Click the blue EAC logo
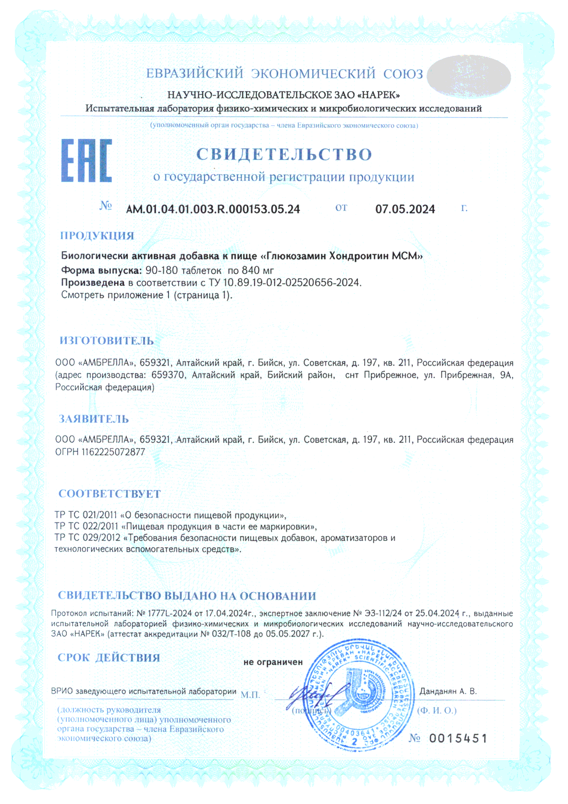86,161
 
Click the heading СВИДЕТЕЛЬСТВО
284,154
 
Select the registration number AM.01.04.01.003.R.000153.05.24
213,209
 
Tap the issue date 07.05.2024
405,209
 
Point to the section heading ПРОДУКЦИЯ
97,236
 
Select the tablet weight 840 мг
258,270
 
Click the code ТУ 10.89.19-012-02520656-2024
284,283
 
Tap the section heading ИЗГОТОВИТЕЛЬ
106,341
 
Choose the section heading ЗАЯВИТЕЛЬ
94,419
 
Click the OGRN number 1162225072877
113,452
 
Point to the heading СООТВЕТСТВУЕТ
109,494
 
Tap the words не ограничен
273,662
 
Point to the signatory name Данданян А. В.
448,691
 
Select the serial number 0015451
458,739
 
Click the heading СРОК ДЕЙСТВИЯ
108,658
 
